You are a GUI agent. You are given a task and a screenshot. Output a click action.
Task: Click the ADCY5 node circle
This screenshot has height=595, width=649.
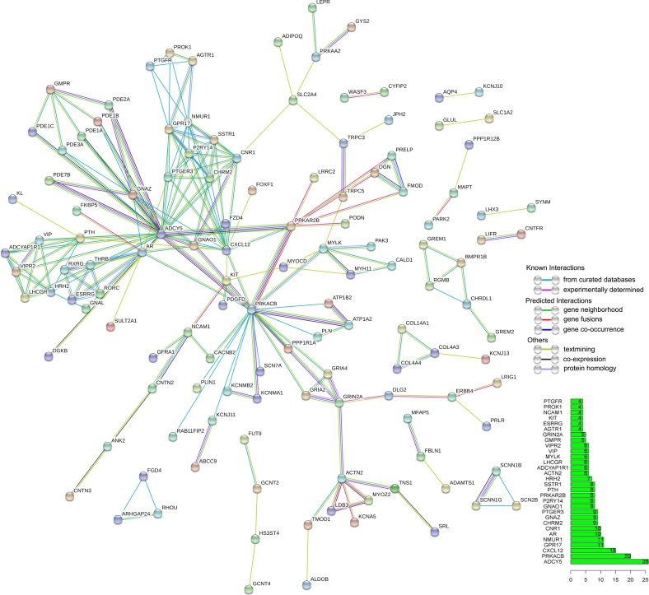[162, 235]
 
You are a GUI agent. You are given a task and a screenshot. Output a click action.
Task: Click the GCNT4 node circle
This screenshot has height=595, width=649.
[250, 589]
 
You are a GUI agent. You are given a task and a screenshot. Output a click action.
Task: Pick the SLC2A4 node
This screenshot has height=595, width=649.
[292, 100]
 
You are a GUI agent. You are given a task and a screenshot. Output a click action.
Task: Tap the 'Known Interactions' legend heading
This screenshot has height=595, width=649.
[557, 267]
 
